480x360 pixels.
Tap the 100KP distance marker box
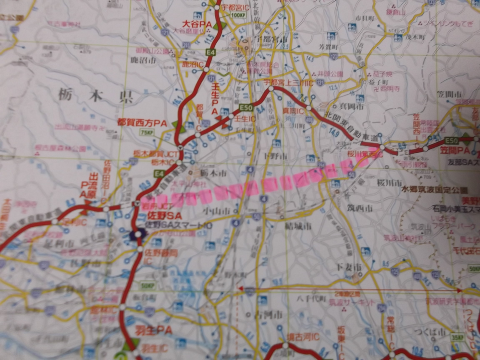237,15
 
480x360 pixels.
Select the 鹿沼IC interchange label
192,64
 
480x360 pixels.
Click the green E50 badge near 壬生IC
246,107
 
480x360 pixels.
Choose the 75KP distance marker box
146,132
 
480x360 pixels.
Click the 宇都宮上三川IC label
288,83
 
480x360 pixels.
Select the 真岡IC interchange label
293,111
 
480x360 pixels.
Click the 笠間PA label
454,150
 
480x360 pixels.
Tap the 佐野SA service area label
164,215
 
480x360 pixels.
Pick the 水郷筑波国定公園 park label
434,190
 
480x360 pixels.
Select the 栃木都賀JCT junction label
148,153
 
